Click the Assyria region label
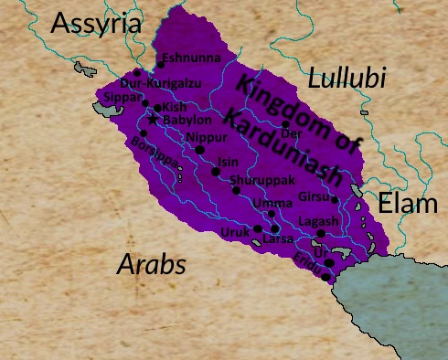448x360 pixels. tap(96, 23)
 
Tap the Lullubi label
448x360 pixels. tap(347, 79)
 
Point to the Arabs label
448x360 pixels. tap(152, 265)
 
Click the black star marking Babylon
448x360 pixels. tap(153, 120)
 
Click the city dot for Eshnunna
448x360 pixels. tap(160, 64)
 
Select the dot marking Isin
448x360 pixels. tap(216, 172)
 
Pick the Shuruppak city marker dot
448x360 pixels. tap(236, 190)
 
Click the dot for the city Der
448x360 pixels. tap(286, 124)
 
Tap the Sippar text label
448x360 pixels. tap(123, 95)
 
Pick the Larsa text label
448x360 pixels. tap(278, 238)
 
